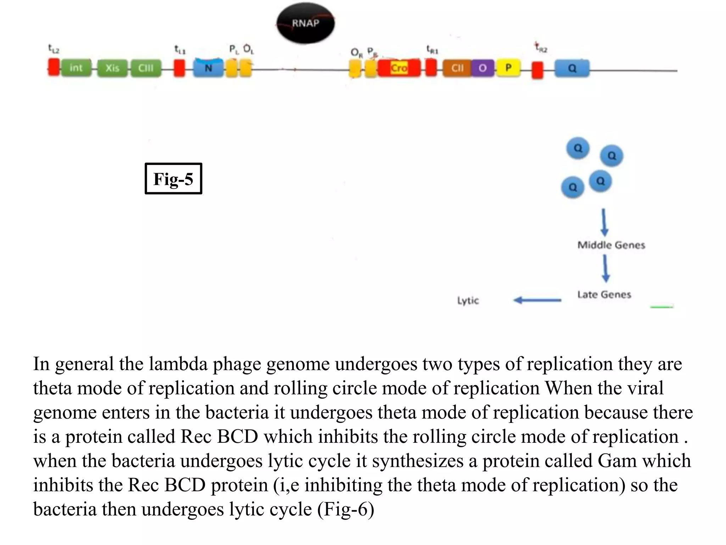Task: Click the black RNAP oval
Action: (x=305, y=23)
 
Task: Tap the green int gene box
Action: (x=76, y=68)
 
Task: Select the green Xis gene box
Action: (x=112, y=68)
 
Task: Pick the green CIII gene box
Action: (x=146, y=68)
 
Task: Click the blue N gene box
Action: (x=208, y=68)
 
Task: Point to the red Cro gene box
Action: (x=399, y=68)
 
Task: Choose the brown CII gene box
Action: (x=457, y=68)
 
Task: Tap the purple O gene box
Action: (x=482, y=68)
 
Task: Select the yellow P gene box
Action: (x=508, y=67)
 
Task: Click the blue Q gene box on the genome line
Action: (x=572, y=68)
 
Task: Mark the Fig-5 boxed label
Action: (x=173, y=178)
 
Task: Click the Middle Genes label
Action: (x=611, y=245)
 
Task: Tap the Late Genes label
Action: (x=604, y=294)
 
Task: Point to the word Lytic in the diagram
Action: (x=468, y=301)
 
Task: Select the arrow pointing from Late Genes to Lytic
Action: (x=537, y=300)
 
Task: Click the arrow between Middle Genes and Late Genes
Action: (x=605, y=269)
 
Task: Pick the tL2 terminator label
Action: (x=54, y=49)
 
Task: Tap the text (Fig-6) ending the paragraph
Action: (x=346, y=509)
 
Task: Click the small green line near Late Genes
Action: (x=661, y=307)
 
